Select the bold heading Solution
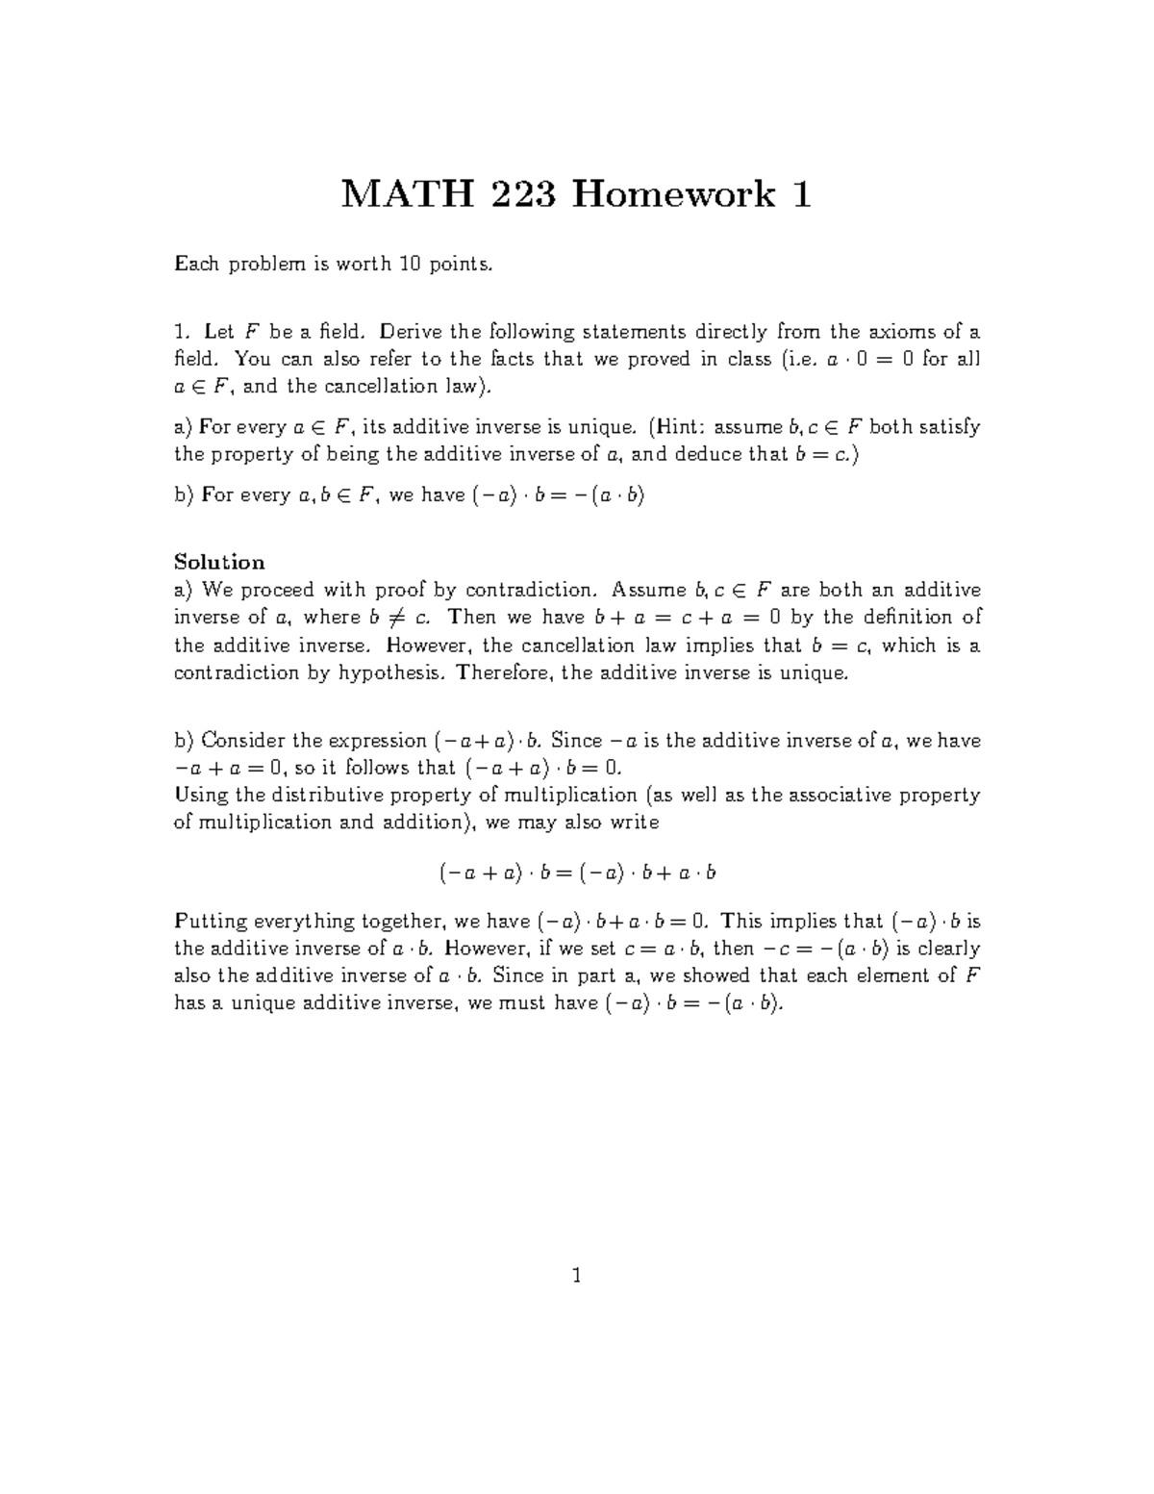pos(218,563)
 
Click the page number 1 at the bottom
pos(576,1277)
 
